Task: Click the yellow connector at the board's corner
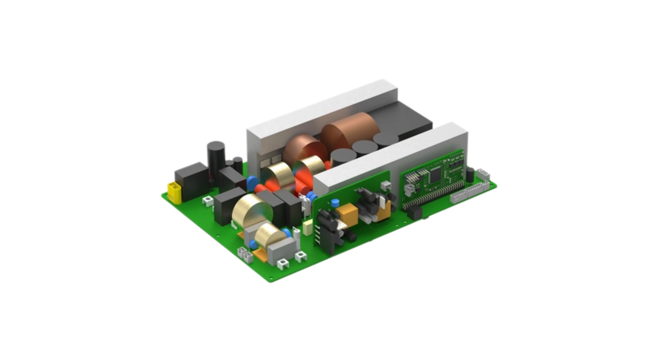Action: [174, 193]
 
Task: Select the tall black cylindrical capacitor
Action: [216, 159]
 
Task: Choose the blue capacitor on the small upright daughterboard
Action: [335, 202]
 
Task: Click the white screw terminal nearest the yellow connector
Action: [207, 200]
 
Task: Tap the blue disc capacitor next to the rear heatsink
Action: [252, 180]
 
